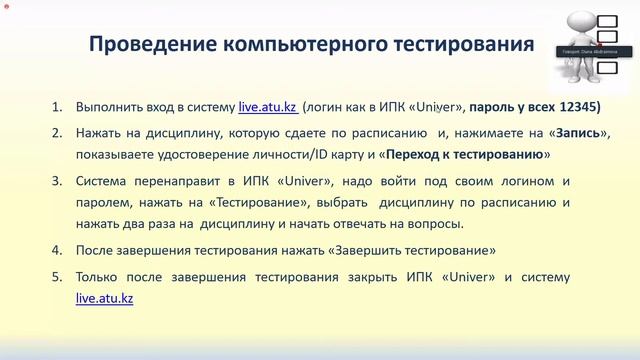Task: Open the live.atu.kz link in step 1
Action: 267,107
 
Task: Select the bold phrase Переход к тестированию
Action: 466,155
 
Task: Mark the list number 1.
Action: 56,107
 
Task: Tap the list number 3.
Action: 56,181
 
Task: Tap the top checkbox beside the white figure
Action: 607,21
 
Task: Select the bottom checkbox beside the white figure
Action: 607,68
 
